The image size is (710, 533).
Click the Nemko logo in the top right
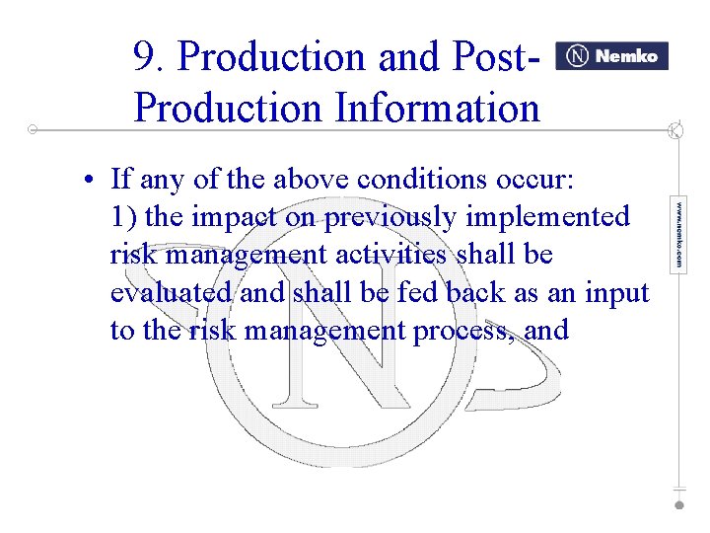pos(611,56)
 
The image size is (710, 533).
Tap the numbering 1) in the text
pos(123,217)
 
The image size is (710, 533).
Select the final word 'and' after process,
pos(547,331)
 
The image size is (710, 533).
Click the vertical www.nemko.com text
pos(678,235)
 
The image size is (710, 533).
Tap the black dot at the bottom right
pos(678,504)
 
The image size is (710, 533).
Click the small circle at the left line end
pos(33,129)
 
